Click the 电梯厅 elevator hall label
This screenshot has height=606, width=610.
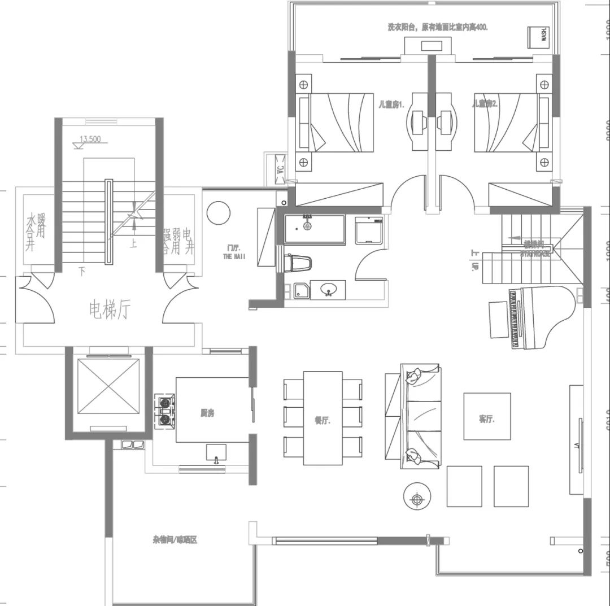pyautogui.click(x=110, y=309)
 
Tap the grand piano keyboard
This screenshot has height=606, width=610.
pyautogui.click(x=515, y=319)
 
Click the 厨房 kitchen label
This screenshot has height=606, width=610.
pyautogui.click(x=207, y=413)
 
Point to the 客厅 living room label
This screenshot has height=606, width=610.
pyautogui.click(x=486, y=419)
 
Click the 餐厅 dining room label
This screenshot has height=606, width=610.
pyautogui.click(x=322, y=420)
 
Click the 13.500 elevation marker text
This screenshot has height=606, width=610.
pyautogui.click(x=90, y=138)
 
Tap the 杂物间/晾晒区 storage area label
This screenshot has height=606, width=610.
pyautogui.click(x=175, y=540)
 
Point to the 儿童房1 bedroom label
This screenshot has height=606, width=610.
pyautogui.click(x=391, y=104)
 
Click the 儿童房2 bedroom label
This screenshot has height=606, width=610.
pyautogui.click(x=485, y=104)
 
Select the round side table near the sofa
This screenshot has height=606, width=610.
pyautogui.click(x=417, y=498)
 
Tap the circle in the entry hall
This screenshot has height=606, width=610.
pyautogui.click(x=218, y=213)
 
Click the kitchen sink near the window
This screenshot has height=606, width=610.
pyautogui.click(x=216, y=454)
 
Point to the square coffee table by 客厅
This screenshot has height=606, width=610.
pyautogui.click(x=487, y=416)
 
